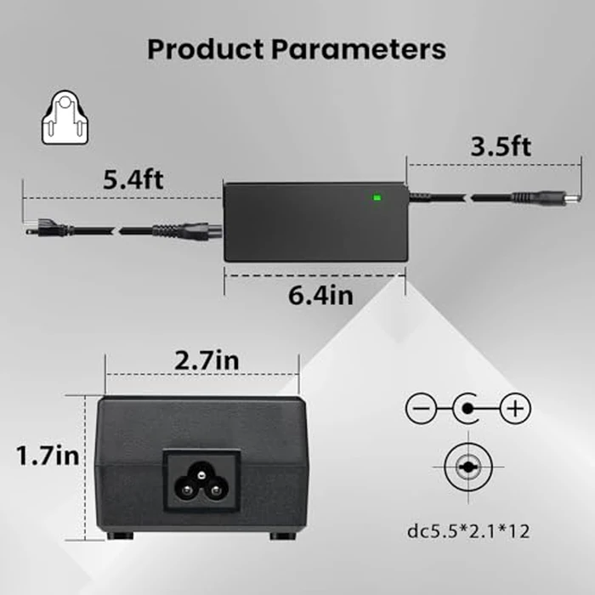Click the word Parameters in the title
[x=357, y=48]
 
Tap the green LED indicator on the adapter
[x=376, y=200]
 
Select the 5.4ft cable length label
[x=133, y=179]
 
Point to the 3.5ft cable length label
[x=501, y=146]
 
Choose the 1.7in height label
[x=48, y=456]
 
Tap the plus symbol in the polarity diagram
[x=513, y=411]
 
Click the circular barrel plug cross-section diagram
[x=467, y=467]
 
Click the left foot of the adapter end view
[x=120, y=535]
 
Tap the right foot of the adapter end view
[x=281, y=535]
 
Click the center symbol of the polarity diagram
[x=467, y=411]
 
